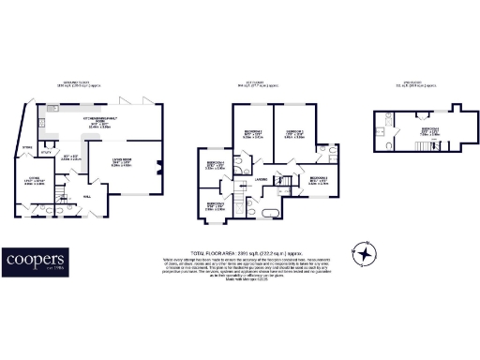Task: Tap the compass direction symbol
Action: [364, 254]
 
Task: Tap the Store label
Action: [27, 147]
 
